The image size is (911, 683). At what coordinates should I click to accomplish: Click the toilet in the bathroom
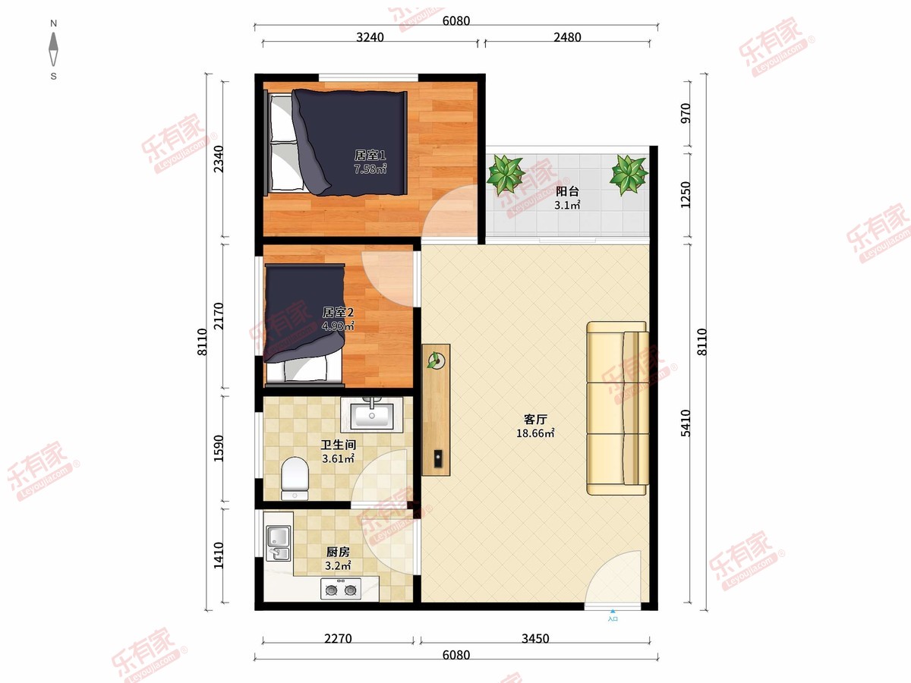pos(295,478)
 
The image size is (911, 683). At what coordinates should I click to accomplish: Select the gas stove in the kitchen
pos(341,588)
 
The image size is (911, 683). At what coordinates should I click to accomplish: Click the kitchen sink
pos(278,543)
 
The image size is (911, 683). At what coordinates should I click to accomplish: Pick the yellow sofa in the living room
pos(617,408)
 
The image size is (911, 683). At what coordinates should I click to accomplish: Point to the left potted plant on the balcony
pos(505,175)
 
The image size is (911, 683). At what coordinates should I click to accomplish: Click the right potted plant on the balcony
pos(629,175)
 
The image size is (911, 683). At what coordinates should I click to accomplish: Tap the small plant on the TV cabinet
pos(434,360)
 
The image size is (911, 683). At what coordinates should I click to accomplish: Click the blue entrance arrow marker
pos(613,611)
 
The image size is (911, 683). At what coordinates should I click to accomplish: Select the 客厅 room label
pos(535,419)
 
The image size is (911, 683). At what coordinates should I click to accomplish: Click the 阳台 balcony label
pos(567,191)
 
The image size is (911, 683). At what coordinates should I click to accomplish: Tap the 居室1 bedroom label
pos(370,155)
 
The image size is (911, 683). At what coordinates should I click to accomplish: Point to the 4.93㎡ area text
pos(338,326)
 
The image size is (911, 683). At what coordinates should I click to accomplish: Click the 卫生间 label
pos(339,445)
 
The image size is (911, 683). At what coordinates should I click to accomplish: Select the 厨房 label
pos(338,552)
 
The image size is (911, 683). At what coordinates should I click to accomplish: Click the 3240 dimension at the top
pos(370,37)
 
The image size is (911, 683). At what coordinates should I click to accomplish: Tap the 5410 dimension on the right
pos(686,423)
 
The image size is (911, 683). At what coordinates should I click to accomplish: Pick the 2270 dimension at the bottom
pos(338,638)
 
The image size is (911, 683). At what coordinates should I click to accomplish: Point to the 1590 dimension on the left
pos(219,449)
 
